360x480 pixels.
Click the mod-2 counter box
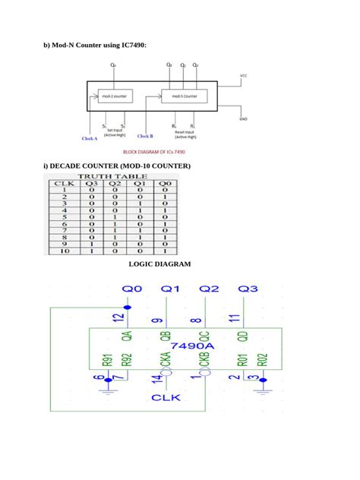[x=115, y=97]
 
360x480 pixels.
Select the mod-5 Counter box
[x=179, y=97]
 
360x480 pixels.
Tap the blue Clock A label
[x=90, y=139]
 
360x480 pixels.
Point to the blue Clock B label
[x=145, y=137]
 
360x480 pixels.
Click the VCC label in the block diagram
[x=243, y=76]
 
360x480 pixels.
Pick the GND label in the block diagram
[x=243, y=119]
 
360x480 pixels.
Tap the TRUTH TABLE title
[x=112, y=176]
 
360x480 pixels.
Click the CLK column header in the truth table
[x=64, y=183]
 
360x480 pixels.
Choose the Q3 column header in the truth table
[x=92, y=183]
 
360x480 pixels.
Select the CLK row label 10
[x=64, y=251]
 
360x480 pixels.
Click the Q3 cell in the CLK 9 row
[x=92, y=244]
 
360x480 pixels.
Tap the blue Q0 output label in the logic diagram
[x=132, y=289]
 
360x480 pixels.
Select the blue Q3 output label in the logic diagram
[x=248, y=289]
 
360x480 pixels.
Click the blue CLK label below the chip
[x=166, y=397]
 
